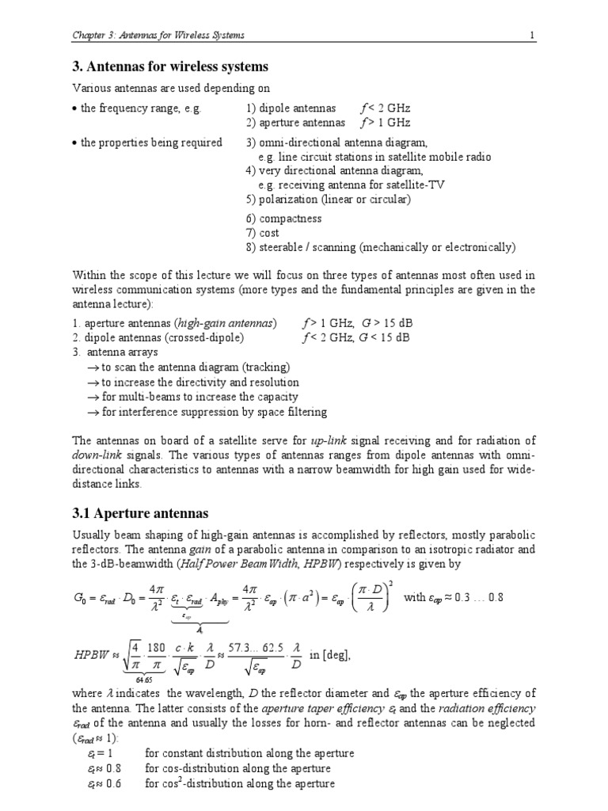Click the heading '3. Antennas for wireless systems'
pyautogui.click(x=170, y=67)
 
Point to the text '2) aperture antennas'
pyautogui.click(x=295, y=123)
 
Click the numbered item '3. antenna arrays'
pyautogui.click(x=115, y=352)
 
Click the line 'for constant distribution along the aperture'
pyautogui.click(x=249, y=753)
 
